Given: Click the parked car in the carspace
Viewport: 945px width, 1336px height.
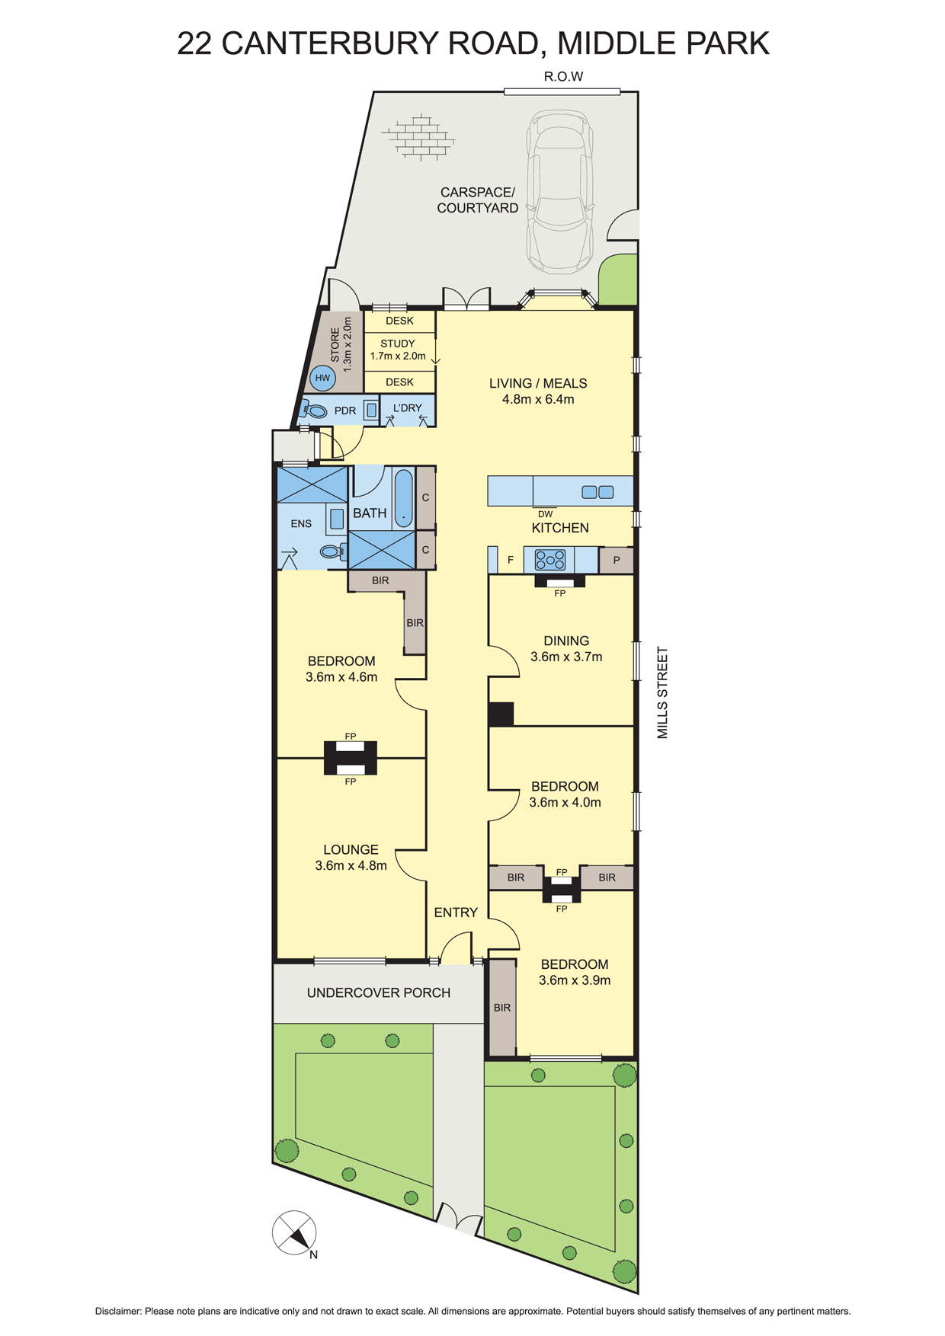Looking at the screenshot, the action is pos(560,191).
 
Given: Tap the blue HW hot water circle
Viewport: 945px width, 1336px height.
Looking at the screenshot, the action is pos(323,378).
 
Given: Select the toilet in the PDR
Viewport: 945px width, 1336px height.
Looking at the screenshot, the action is pos(313,411).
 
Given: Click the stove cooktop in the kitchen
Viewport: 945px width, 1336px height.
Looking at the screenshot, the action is pos(549,560).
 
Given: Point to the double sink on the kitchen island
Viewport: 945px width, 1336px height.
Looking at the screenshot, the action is pos(597,492).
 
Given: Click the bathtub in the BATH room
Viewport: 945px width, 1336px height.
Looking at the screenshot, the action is pos(404,499).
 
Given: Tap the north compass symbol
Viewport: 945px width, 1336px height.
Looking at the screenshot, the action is pos(295,1232).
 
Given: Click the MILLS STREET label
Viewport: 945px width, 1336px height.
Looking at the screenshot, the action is pos(662,692).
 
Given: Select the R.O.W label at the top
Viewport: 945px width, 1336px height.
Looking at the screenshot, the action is pos(563,76).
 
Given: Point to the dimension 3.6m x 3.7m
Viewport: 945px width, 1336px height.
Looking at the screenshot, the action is pos(566,657).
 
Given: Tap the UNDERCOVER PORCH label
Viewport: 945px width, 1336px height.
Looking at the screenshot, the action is pos(379,992).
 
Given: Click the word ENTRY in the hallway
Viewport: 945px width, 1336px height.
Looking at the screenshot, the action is pos(456,913).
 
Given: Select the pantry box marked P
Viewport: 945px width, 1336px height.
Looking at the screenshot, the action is pos(617,560).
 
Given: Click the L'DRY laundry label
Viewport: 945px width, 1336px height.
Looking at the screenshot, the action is pos(407,408).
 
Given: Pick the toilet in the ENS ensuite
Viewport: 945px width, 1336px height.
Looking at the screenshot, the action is pos(333,551).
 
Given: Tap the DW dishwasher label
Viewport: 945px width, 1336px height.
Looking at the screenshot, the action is pos(545,514).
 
